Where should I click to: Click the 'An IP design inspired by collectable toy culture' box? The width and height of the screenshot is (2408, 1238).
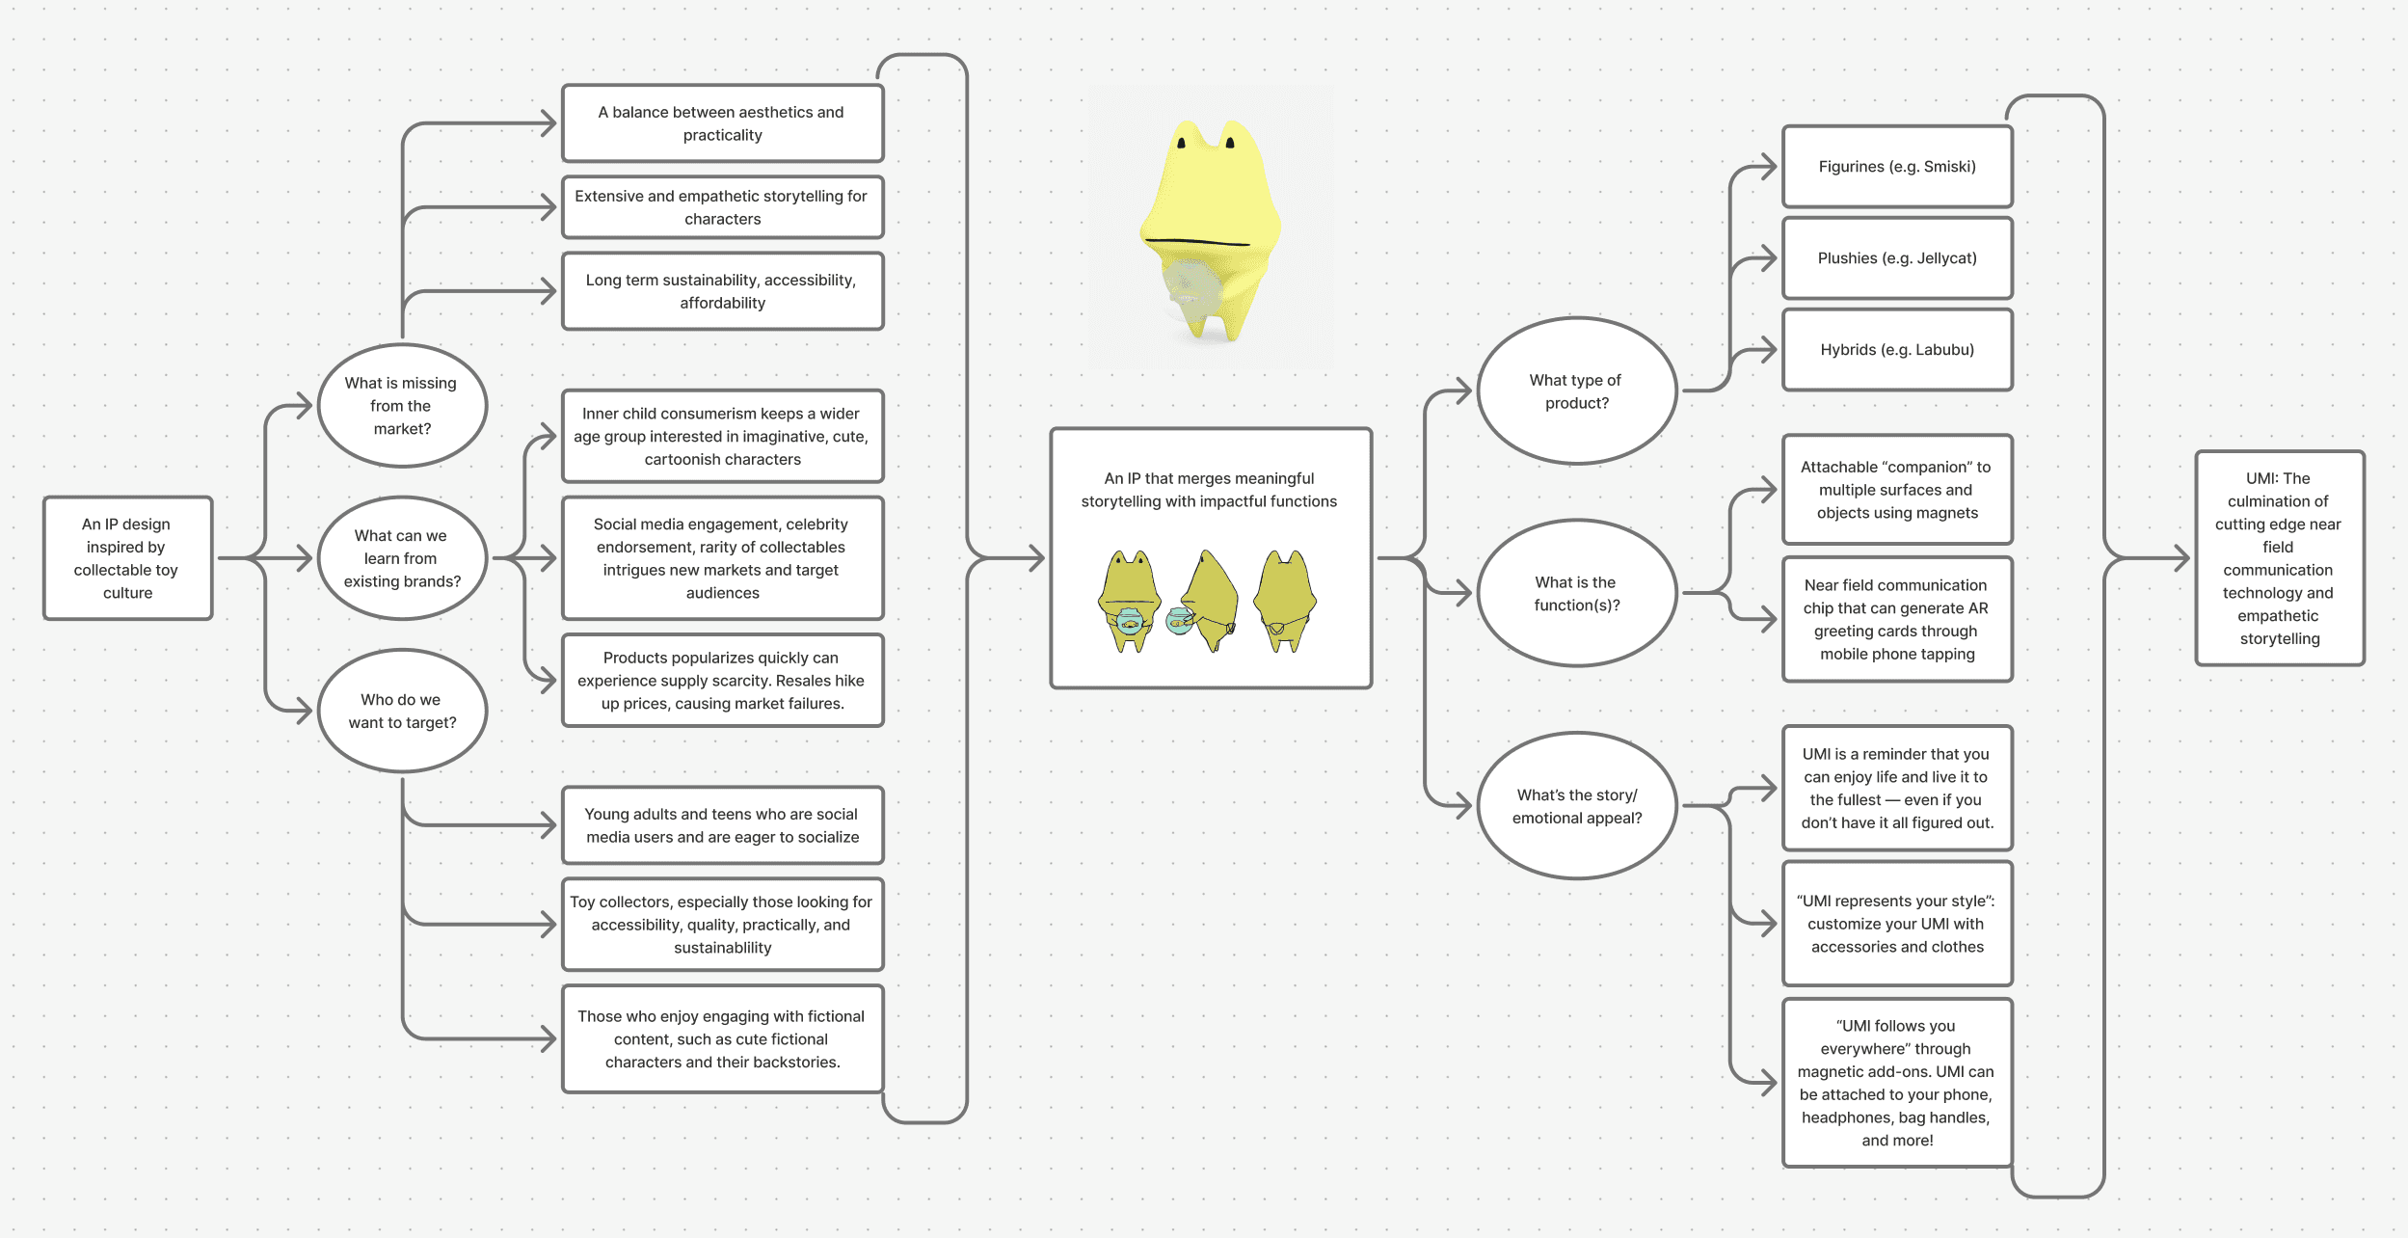click(127, 558)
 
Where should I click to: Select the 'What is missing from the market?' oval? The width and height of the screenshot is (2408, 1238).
click(402, 406)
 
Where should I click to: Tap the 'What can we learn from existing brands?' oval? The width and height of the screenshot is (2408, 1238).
click(402, 558)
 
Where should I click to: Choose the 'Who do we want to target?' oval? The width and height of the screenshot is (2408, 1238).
click(402, 711)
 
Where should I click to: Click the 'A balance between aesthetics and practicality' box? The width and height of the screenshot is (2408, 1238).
click(722, 123)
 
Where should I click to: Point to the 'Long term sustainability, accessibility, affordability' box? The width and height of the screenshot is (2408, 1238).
click(722, 291)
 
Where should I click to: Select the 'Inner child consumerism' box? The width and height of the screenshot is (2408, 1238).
click(722, 436)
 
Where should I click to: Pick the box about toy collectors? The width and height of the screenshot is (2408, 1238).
click(722, 925)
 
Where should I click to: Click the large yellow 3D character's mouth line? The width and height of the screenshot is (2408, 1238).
click(1195, 242)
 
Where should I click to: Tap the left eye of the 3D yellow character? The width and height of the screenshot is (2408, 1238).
click(1181, 143)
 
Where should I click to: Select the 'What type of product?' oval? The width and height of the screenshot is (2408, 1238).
click(1576, 391)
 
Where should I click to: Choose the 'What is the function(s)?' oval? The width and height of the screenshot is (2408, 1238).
click(1576, 594)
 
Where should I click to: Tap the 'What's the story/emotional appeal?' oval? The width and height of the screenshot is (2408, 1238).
click(1576, 806)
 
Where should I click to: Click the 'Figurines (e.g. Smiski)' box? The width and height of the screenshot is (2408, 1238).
click(1897, 167)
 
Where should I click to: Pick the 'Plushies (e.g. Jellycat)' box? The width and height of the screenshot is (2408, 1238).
click(1897, 258)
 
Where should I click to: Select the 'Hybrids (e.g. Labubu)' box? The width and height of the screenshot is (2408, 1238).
click(1897, 350)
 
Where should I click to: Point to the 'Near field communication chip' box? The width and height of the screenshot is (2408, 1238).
click(1897, 619)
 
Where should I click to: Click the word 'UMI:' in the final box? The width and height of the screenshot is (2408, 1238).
click(2261, 478)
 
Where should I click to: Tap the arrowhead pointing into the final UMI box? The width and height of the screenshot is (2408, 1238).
click(2181, 558)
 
